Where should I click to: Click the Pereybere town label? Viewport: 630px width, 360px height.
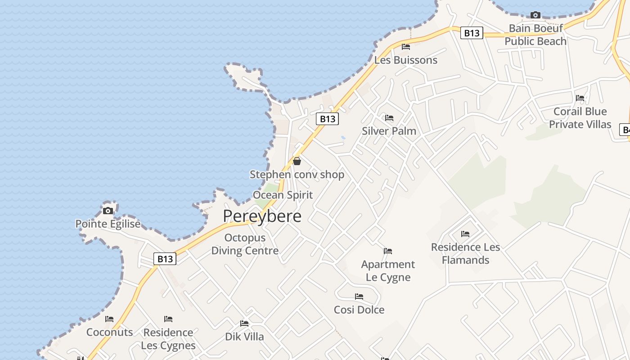(262, 216)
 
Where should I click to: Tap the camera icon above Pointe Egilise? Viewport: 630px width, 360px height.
(108, 211)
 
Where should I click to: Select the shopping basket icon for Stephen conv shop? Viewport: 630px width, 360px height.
(297, 161)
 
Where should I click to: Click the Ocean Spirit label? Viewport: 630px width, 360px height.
(283, 195)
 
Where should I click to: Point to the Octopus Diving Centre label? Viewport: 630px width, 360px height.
(245, 244)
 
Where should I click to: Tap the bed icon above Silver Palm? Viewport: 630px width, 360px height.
(389, 118)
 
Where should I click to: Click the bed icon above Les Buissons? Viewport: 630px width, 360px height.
(406, 47)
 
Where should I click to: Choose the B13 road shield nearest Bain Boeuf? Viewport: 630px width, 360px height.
(472, 33)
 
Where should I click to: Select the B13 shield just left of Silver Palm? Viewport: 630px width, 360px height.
(327, 119)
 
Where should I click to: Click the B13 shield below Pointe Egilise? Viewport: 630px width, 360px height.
(165, 259)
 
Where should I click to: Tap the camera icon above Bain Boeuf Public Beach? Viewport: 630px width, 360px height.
(535, 15)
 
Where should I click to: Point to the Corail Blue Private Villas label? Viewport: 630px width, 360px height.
(580, 118)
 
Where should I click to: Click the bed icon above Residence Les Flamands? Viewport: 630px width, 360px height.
(465, 234)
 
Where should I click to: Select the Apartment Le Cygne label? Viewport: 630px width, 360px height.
(388, 270)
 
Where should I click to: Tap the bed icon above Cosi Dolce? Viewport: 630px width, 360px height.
(359, 297)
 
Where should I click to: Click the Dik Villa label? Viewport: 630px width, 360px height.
(244, 337)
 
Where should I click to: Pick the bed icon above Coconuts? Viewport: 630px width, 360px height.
(109, 319)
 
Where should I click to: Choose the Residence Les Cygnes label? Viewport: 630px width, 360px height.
(168, 339)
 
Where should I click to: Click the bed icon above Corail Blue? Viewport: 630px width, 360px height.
(580, 98)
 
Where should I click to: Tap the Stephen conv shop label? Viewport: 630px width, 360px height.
(297, 175)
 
